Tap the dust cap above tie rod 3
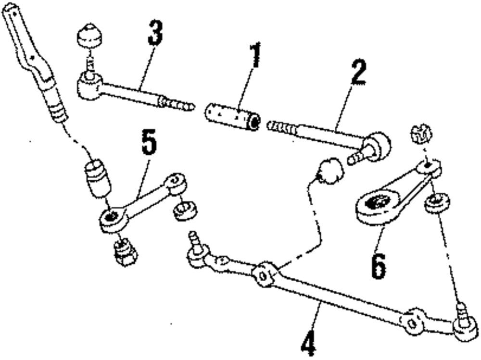89,36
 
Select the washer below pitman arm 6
436,202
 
